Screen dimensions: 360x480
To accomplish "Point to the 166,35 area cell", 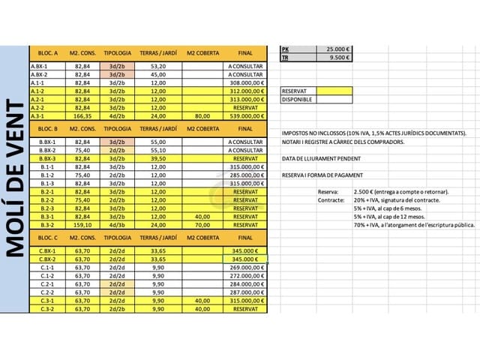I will pos(83,116).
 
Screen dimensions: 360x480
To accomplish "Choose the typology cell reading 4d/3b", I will pos(117,224).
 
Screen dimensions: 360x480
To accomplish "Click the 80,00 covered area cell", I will pos(202,116).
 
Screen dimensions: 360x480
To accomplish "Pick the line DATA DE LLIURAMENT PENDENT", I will pos(322,158).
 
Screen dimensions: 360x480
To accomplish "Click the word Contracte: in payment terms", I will pos(331,199).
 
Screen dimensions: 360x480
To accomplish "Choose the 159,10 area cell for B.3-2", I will pos(83,224).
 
